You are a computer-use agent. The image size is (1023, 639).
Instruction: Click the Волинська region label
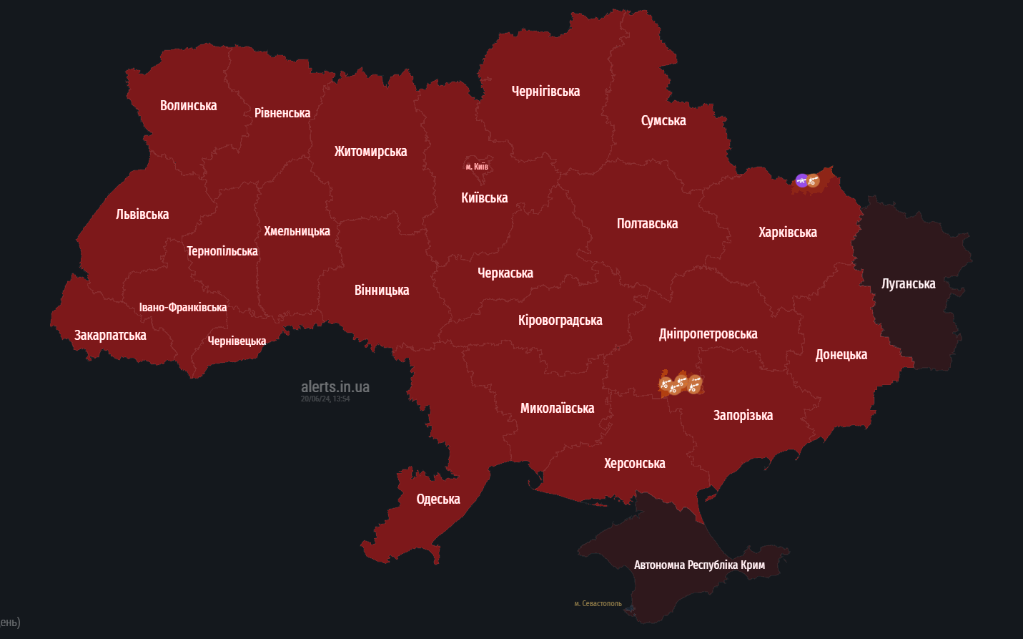point(188,106)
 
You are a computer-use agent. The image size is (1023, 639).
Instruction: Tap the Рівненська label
point(282,113)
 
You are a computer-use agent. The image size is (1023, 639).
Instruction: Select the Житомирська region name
point(370,152)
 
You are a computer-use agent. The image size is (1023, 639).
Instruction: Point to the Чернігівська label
point(545,92)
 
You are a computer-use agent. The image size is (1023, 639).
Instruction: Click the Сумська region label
point(663,121)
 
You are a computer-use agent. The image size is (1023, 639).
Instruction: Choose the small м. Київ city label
point(477,167)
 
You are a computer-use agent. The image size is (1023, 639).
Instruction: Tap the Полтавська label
point(647,224)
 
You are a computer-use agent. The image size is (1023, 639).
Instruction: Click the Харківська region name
point(787,233)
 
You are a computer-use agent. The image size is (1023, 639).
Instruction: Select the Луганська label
point(908,284)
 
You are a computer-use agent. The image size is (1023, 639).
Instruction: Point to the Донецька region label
point(841,355)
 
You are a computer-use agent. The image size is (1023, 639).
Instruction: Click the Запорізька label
point(743,416)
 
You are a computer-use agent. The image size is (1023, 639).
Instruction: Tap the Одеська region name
point(438,499)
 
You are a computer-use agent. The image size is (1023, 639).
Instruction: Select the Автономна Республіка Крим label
point(699,565)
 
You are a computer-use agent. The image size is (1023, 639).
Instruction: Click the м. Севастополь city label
point(598,604)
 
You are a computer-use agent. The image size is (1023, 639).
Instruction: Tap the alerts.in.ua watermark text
point(335,387)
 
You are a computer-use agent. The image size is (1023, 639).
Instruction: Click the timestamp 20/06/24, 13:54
point(325,399)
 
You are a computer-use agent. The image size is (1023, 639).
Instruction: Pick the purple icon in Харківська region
point(801,180)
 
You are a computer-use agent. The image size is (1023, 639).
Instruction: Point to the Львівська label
point(142,215)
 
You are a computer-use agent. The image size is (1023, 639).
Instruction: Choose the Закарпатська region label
point(110,336)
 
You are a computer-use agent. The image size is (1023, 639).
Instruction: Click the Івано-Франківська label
point(182,308)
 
